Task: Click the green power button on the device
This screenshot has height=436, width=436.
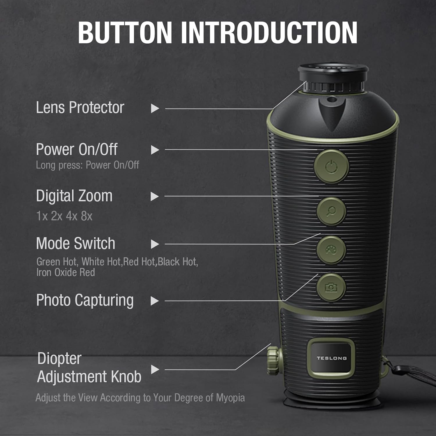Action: tap(331, 167)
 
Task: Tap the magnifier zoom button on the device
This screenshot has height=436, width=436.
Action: tap(331, 211)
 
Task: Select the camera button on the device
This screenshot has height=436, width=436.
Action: tap(331, 287)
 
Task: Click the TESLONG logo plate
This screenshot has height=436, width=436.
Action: tap(332, 358)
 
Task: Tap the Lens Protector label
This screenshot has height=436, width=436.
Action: tap(80, 108)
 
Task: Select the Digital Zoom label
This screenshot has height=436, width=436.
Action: tap(74, 196)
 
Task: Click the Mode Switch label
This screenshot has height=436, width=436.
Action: tap(76, 243)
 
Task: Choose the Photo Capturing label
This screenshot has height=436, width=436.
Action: tap(85, 301)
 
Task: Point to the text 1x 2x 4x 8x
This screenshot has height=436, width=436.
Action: tap(64, 216)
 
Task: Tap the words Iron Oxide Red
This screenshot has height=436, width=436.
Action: tap(66, 273)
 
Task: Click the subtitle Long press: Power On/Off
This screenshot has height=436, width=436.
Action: tap(87, 165)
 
